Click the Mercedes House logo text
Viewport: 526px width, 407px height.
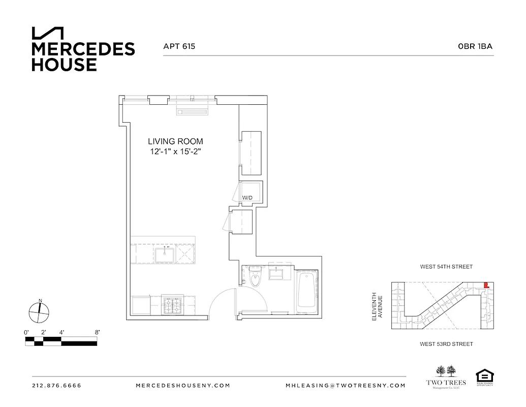click(x=83, y=56)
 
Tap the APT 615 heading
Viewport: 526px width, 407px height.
click(x=179, y=46)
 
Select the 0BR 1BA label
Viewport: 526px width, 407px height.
click(x=475, y=46)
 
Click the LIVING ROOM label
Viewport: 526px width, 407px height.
click(x=175, y=141)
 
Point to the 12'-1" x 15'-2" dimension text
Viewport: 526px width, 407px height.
click(x=175, y=152)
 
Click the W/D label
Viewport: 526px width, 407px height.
click(x=247, y=197)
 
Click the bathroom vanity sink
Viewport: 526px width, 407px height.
click(x=279, y=275)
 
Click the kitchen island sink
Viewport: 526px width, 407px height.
click(x=165, y=254)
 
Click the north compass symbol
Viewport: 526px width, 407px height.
click(x=39, y=311)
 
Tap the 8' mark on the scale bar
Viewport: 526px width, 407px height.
click(x=97, y=332)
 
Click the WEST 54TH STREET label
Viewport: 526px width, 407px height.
click(x=446, y=267)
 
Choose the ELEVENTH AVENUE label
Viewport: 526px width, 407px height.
click(x=377, y=306)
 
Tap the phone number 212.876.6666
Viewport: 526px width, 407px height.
click(x=56, y=386)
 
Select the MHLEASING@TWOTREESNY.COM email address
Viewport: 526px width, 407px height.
click(x=346, y=386)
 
